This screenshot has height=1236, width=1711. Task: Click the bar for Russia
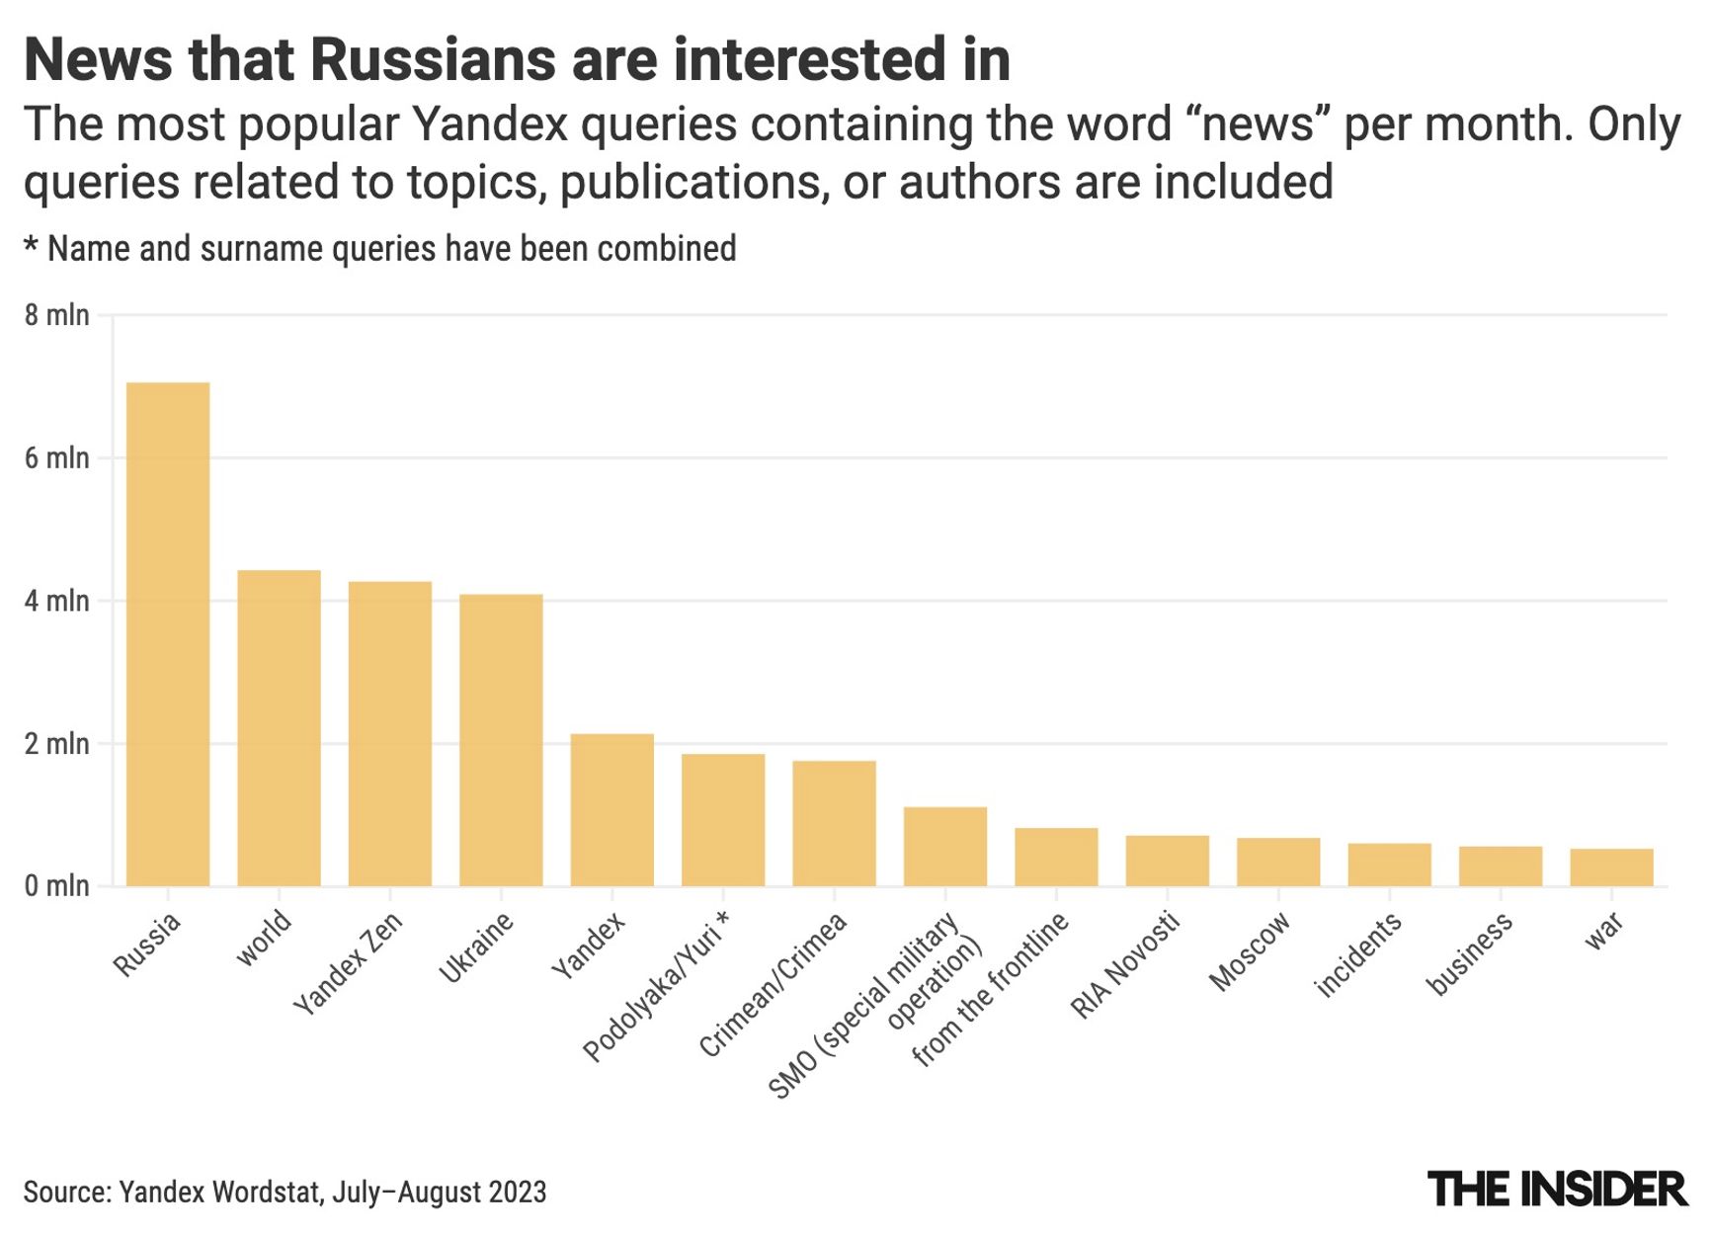(168, 634)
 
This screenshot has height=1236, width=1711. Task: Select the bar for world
(279, 728)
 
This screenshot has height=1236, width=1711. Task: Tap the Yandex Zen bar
(390, 734)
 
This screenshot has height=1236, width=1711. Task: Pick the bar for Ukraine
(501, 740)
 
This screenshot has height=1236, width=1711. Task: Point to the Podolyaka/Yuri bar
(723, 820)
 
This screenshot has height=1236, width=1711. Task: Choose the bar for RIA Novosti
(1167, 861)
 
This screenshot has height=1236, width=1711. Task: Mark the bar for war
(1611, 867)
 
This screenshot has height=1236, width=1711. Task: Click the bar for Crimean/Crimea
(834, 823)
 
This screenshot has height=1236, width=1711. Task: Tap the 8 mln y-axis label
(56, 315)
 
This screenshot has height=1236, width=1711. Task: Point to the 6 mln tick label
(56, 458)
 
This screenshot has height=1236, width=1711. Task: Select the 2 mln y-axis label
(56, 744)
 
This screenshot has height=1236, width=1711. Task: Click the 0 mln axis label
(56, 886)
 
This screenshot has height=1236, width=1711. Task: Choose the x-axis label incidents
(1358, 955)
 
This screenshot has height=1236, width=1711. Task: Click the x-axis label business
(1469, 954)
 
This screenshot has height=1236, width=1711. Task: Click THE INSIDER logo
(1557, 1190)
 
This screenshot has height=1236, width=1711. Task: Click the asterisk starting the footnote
(32, 247)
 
